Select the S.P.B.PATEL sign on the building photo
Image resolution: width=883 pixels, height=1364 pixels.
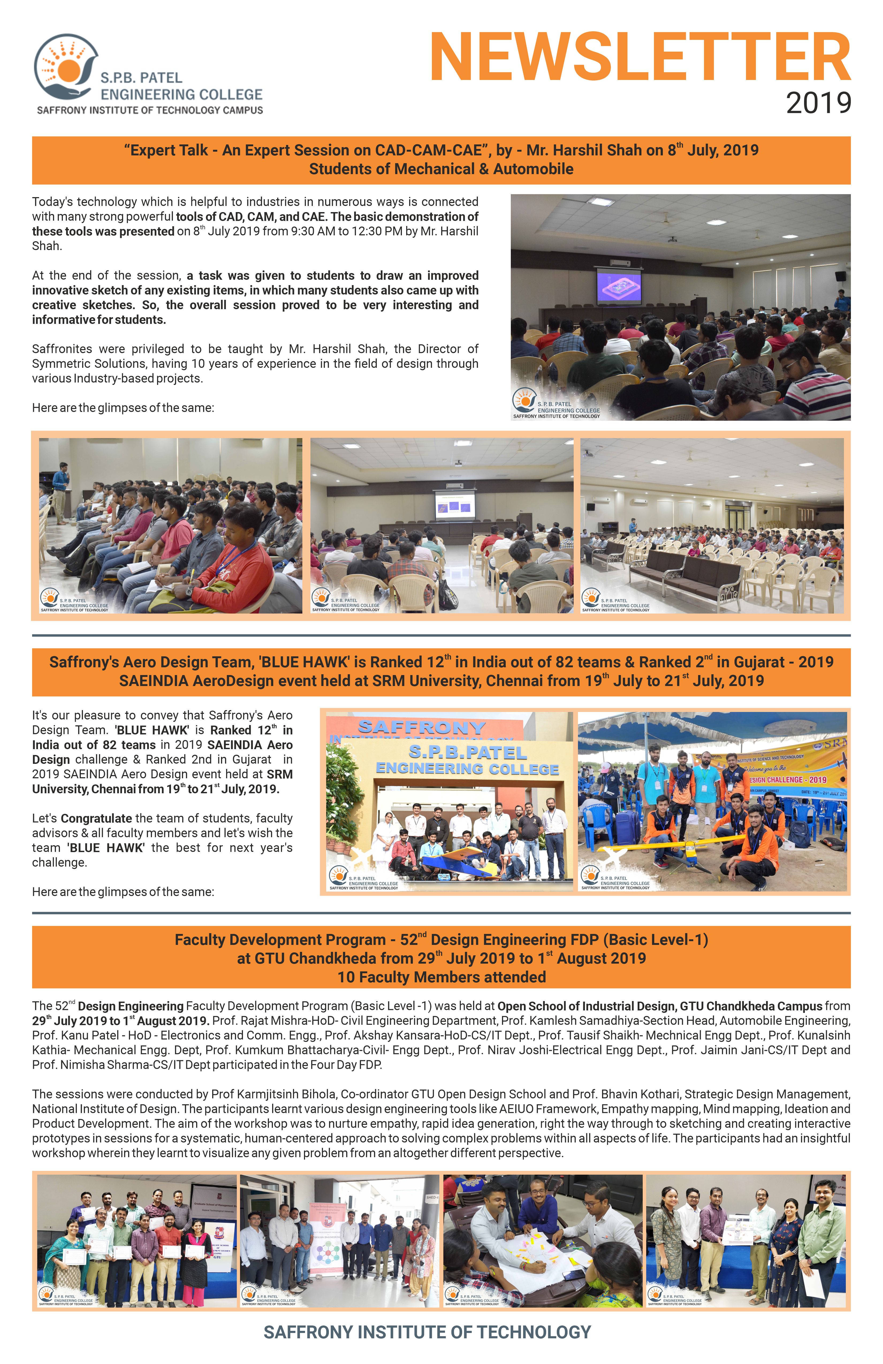coord(467,752)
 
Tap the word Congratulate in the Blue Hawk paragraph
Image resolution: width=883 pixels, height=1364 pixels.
coord(96,818)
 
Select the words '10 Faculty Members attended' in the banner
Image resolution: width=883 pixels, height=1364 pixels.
coord(441,977)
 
